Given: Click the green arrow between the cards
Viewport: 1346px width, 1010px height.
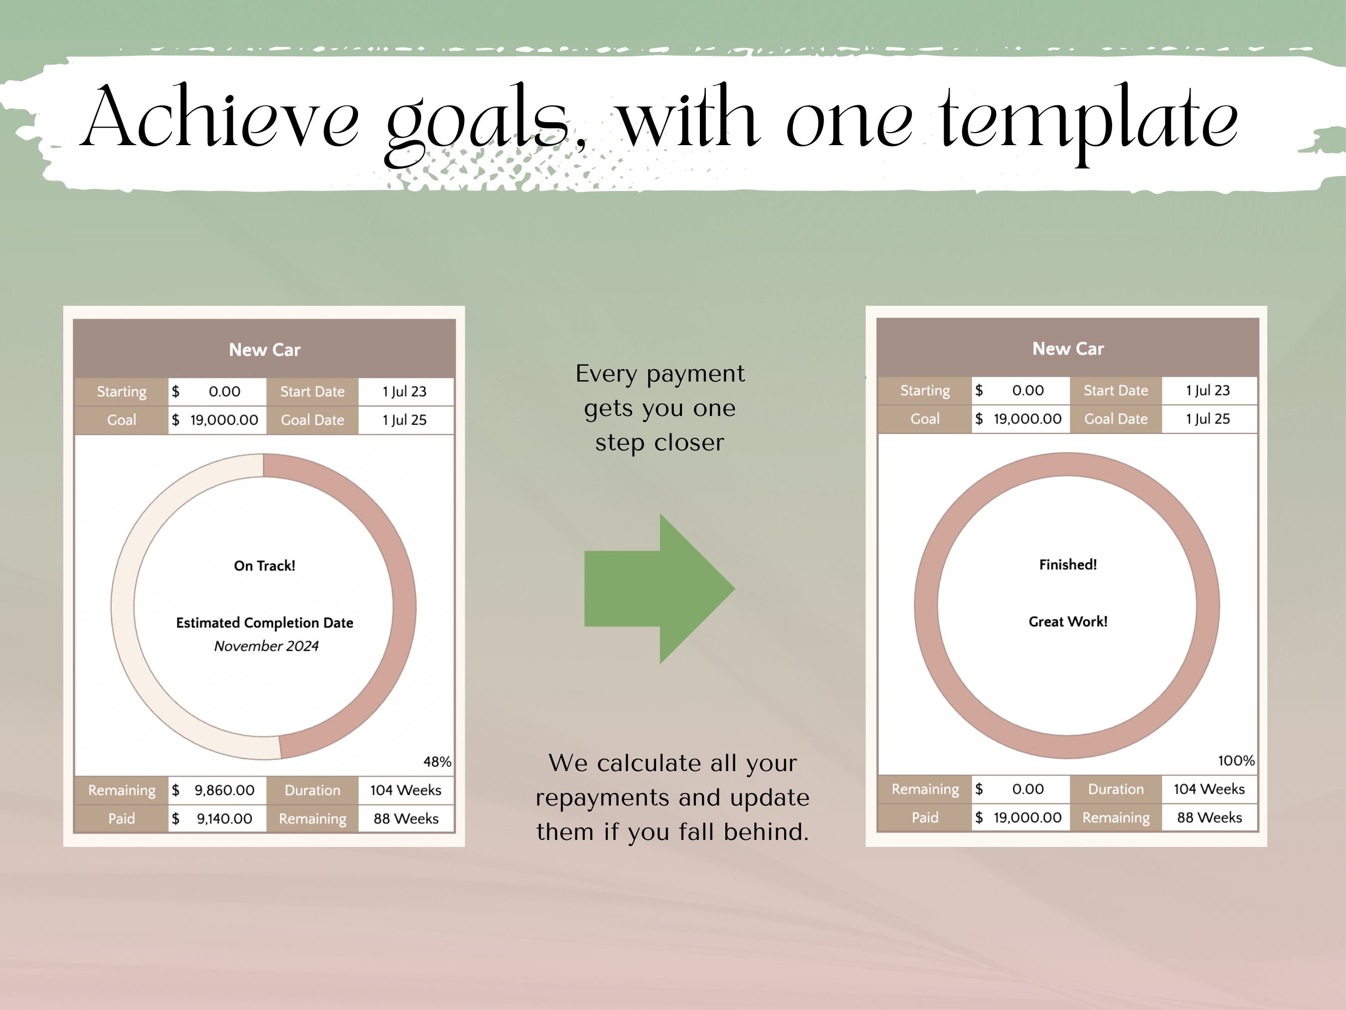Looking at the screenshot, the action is tap(660, 589).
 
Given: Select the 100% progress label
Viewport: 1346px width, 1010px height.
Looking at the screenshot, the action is tap(1236, 761).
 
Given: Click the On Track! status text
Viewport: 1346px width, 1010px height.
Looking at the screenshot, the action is tap(265, 566).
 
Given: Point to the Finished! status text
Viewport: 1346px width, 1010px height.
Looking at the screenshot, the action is tap(1068, 565).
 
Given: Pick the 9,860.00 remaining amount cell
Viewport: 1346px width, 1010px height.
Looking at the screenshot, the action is tap(217, 790).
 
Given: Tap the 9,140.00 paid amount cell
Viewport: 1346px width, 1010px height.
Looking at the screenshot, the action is tap(217, 819).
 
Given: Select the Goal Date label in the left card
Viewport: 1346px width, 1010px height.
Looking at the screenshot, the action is tap(312, 420).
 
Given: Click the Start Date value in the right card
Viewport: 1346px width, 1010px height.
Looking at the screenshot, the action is tap(1208, 390).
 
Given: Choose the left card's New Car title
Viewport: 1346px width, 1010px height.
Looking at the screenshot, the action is tap(265, 350).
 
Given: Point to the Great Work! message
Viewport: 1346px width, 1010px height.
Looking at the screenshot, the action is tap(1068, 621).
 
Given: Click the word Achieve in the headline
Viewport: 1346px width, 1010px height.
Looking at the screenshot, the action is tap(220, 116).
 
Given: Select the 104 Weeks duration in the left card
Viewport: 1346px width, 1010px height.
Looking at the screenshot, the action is tap(406, 790).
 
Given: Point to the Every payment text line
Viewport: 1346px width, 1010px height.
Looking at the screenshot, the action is tap(660, 373).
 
